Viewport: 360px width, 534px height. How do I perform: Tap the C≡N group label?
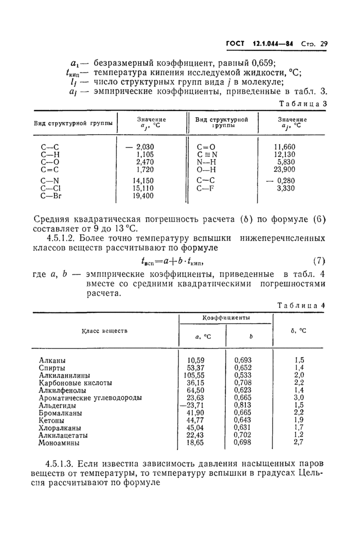207,154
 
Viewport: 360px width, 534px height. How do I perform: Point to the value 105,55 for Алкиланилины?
194,375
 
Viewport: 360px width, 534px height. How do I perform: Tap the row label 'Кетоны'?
52,420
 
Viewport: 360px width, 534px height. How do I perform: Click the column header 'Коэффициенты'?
225,319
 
